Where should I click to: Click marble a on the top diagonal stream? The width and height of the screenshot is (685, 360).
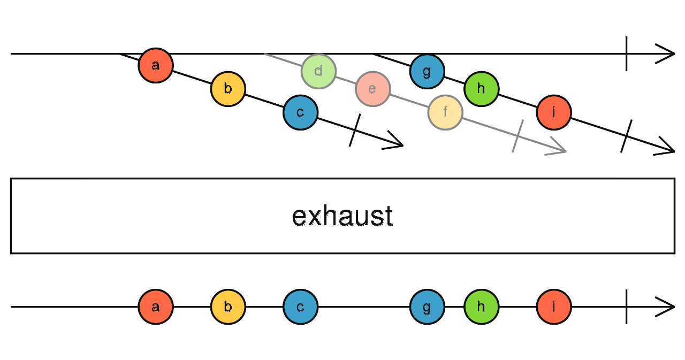[156, 65]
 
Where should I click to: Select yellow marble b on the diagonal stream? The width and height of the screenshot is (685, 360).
[228, 89]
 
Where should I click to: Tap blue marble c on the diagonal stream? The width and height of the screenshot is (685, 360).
[300, 112]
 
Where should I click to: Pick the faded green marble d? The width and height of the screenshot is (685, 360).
[318, 71]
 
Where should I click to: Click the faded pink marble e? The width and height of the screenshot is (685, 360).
[372, 89]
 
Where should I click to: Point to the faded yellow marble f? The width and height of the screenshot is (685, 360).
[445, 112]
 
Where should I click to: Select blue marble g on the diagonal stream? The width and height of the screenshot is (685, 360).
[427, 71]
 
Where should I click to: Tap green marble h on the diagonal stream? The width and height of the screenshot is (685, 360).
[481, 89]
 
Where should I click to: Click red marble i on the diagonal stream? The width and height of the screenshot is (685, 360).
[554, 112]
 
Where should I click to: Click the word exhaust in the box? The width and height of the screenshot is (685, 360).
[342, 216]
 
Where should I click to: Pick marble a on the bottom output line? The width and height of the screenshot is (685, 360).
[156, 307]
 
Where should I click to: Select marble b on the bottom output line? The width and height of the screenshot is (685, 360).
[228, 307]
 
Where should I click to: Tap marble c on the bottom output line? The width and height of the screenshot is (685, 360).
[300, 307]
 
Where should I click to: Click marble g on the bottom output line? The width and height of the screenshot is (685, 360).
[427, 307]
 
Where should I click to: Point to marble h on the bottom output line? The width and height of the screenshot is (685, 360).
[481, 307]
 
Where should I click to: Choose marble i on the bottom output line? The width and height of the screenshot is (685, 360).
[554, 307]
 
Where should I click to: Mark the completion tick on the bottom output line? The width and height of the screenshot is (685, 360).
[626, 307]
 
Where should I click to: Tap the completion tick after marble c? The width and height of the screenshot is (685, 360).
[355, 130]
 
